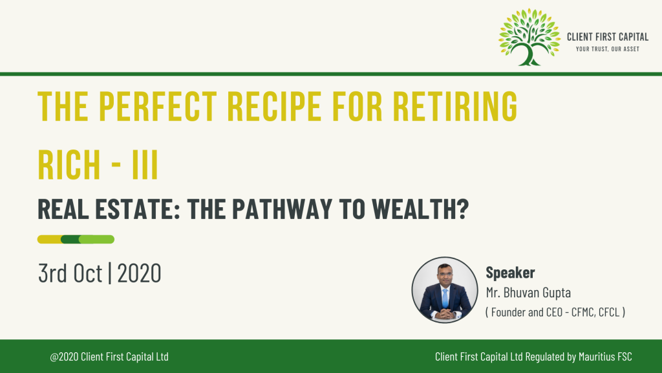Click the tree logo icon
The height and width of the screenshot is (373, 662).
[529, 37]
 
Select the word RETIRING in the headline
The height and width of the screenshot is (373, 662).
[455, 106]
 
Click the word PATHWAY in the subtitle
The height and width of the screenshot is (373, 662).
[282, 209]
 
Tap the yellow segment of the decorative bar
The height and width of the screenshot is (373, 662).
[50, 240]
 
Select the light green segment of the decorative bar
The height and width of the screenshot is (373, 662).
[97, 240]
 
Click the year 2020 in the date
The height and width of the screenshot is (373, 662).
[140, 273]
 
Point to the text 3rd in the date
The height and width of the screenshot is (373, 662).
[52, 273]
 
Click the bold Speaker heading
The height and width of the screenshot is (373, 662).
[510, 273]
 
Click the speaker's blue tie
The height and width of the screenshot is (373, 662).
[445, 298]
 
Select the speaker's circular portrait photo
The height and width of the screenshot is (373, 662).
[445, 290]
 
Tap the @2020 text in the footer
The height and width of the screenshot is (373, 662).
[64, 357]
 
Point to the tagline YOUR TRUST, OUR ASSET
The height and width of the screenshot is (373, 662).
[608, 49]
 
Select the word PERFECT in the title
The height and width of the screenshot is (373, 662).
[158, 106]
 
